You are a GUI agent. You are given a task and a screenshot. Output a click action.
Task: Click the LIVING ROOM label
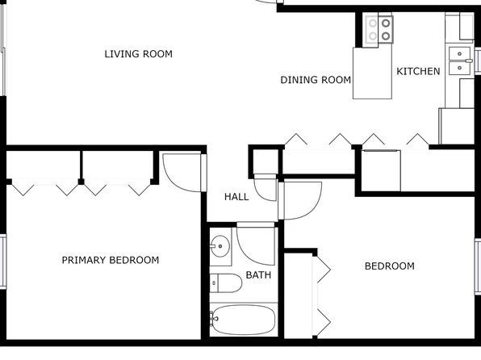tap(138, 54)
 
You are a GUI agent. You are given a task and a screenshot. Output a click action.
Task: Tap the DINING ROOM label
tap(316, 80)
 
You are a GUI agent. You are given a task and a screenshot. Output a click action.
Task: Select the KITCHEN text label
tap(418, 72)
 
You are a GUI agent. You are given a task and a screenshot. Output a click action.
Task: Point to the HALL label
tap(236, 197)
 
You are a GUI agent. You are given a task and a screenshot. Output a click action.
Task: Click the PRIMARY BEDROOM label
tap(111, 260)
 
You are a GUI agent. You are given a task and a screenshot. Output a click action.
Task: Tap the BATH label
tap(258, 275)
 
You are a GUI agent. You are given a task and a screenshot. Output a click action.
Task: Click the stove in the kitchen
tap(379, 30)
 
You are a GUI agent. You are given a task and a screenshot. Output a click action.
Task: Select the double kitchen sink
tap(459, 61)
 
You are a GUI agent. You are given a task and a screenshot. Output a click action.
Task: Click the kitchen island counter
tap(372, 73)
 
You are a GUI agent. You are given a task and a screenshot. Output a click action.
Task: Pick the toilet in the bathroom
tap(226, 283)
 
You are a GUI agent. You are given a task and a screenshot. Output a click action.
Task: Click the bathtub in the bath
tap(244, 320)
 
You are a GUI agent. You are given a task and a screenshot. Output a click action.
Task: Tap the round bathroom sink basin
tap(220, 246)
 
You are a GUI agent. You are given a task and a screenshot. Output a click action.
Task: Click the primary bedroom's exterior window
tap(3, 262)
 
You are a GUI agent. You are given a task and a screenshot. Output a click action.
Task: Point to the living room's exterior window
tap(3, 49)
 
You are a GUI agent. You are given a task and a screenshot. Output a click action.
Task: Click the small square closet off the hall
tap(266, 161)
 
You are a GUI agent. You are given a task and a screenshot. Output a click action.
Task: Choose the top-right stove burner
tap(386, 23)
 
